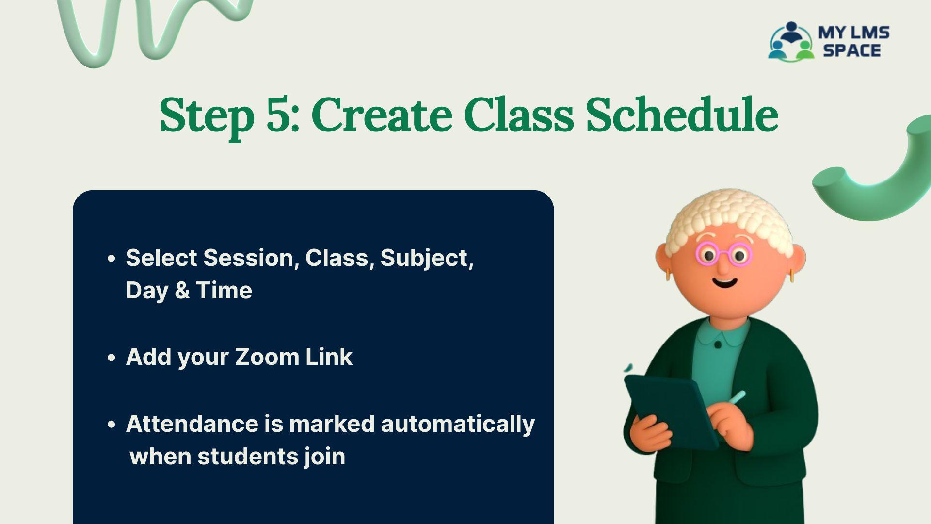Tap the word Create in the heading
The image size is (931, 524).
382,115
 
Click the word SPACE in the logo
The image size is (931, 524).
852,50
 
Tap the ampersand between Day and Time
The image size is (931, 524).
182,291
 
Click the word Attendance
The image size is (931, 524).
192,424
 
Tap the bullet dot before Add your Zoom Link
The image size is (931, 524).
112,358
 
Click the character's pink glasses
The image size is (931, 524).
724,254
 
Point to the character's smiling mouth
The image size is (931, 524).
725,282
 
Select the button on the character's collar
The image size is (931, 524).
718,344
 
